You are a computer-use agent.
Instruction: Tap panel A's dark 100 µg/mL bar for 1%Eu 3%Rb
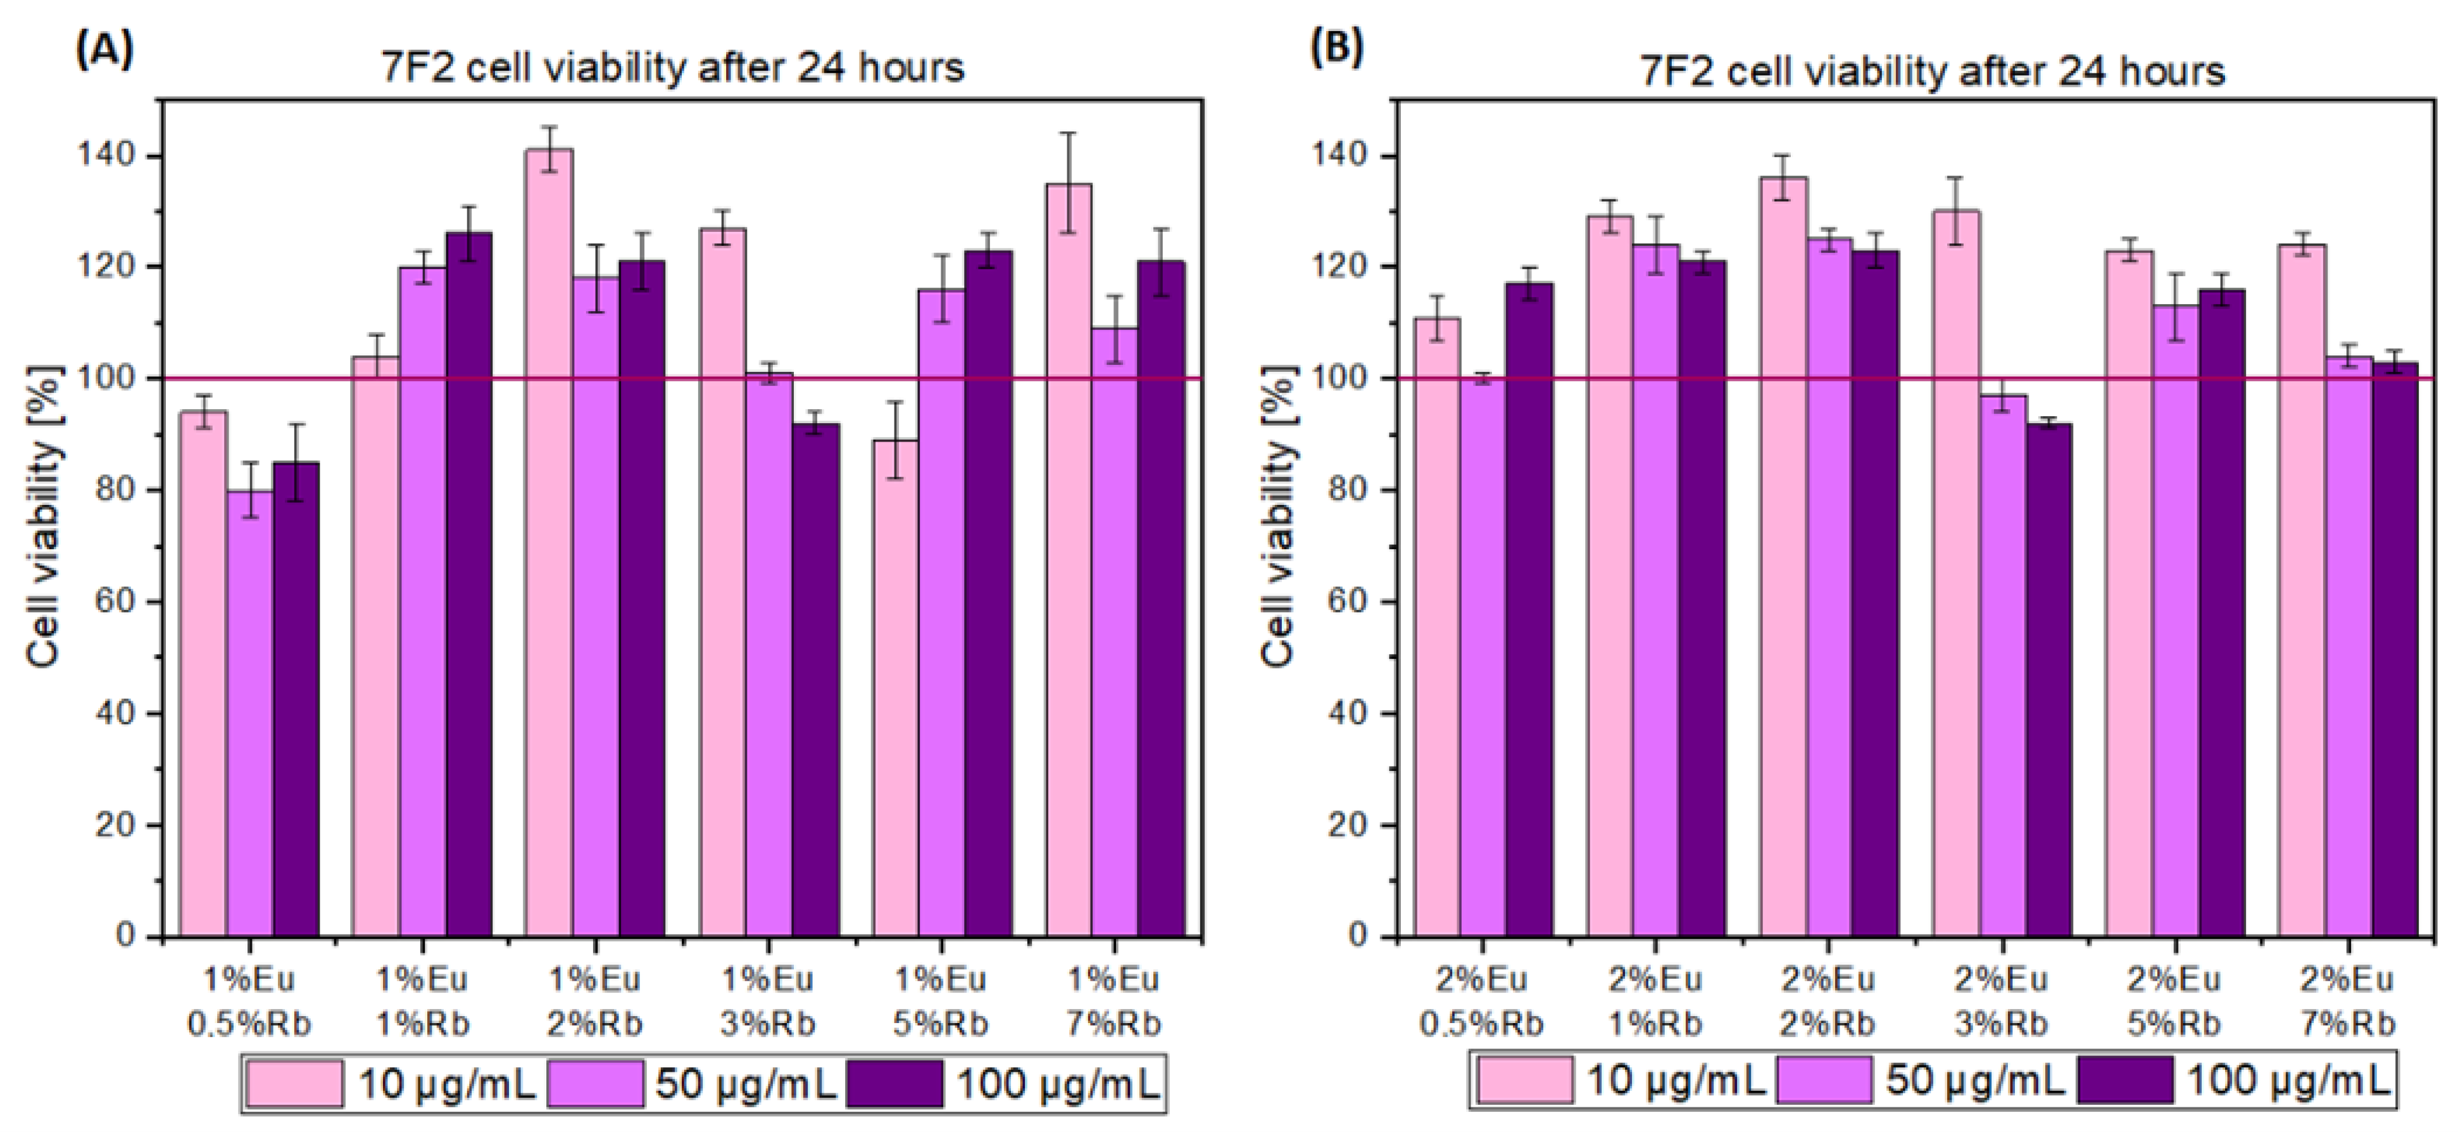point(816,678)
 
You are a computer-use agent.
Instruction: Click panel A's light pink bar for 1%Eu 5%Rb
point(895,687)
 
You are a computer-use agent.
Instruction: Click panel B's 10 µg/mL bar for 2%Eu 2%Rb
point(1783,554)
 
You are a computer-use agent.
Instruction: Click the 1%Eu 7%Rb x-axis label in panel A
point(1113,1002)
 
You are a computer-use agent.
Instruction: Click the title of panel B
point(1931,70)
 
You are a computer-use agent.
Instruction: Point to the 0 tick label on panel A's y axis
point(127,936)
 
